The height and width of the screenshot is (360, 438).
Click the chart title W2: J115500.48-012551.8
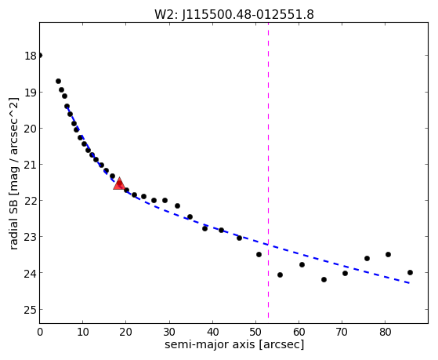[234, 14]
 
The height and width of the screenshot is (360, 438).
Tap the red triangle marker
[119, 184]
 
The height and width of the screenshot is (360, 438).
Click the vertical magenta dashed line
[269, 170]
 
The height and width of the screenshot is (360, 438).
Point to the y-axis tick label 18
[31, 56]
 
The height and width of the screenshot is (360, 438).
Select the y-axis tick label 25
[31, 310]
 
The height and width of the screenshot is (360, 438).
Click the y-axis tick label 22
[31, 201]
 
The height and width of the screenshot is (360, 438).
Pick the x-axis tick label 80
[385, 332]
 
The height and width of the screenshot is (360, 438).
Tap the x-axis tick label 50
[255, 332]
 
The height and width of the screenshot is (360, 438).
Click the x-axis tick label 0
[40, 332]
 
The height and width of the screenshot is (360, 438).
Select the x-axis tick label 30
[169, 332]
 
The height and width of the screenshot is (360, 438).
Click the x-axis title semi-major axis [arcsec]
[234, 344]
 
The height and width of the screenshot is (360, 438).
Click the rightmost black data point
[410, 272]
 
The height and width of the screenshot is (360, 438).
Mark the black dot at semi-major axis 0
[40, 56]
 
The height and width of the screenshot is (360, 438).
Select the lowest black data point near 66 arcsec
[324, 279]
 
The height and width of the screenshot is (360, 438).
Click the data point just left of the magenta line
[259, 255]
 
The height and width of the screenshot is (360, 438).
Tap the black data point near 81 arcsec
[388, 255]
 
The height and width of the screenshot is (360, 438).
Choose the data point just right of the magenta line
[281, 275]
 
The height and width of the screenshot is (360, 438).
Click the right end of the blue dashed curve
[410, 283]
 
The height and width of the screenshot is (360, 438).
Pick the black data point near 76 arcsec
[367, 259]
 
